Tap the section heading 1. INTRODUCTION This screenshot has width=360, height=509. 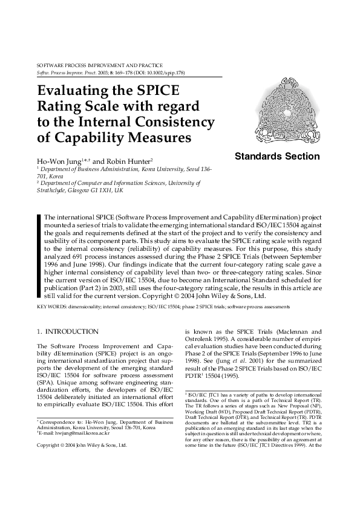(x=68, y=331)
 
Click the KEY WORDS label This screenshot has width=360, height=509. (x=51, y=307)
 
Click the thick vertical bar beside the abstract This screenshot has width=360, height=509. (x=39, y=256)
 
